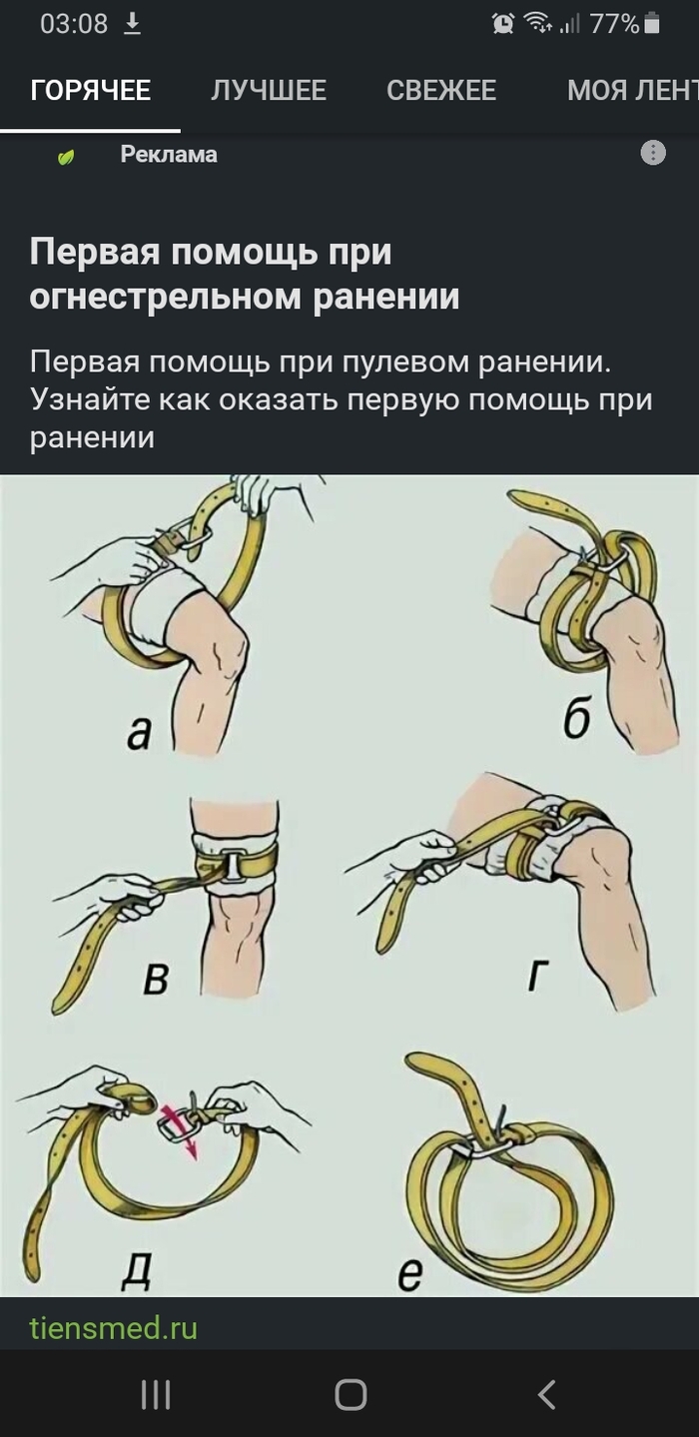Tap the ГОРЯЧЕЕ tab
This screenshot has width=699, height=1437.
[x=90, y=91]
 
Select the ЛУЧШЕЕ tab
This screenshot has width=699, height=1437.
[x=268, y=91]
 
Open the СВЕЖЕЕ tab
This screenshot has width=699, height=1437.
[x=441, y=91]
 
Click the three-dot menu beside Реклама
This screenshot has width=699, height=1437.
[x=652, y=154]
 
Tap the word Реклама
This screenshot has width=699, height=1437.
[x=169, y=155]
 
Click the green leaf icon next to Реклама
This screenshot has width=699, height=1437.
[x=66, y=157]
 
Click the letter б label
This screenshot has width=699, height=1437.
[x=576, y=719]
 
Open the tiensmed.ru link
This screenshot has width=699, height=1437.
[x=113, y=1328]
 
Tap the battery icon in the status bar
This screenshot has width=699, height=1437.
[x=652, y=24]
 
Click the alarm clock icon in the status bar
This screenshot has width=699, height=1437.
[x=504, y=24]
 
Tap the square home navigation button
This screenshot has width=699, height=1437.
[x=350, y=1394]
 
